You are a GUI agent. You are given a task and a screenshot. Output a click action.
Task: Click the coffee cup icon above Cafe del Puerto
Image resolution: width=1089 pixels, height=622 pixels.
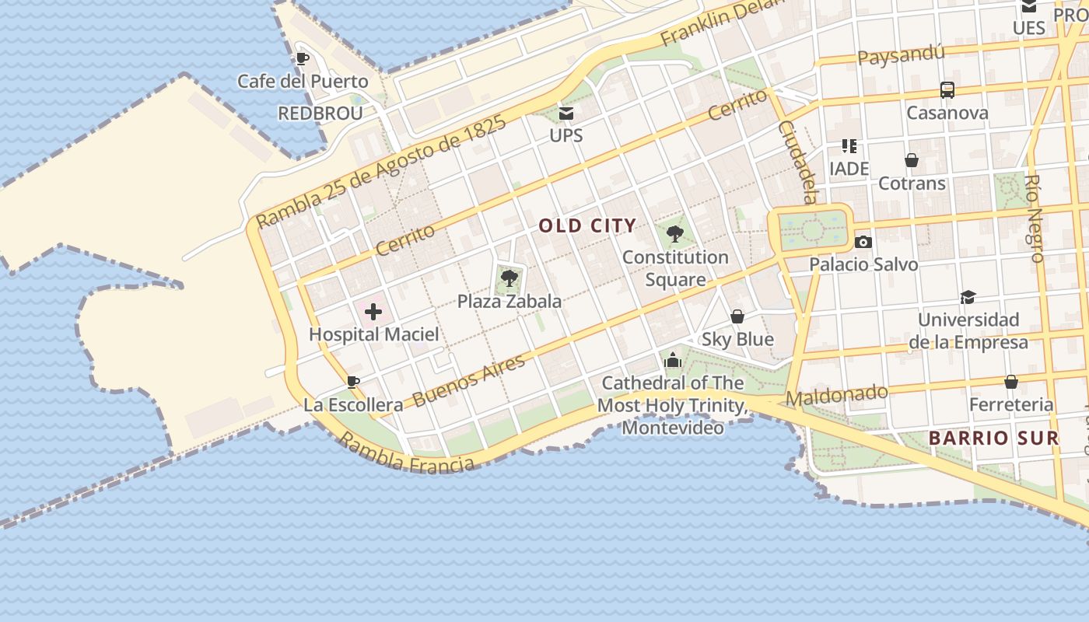tap(303, 58)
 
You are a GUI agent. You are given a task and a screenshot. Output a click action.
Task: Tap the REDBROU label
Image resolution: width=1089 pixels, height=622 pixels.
tap(320, 114)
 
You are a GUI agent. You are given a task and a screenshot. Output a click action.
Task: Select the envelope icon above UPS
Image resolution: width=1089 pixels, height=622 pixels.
tap(566, 114)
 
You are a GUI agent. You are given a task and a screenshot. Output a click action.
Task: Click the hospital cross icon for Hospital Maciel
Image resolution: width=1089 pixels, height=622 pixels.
tap(373, 313)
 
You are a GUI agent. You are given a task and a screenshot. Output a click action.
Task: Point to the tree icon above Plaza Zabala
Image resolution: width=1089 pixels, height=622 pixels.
tap(509, 278)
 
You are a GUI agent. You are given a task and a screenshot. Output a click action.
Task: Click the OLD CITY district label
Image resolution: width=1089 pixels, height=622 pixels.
tap(587, 226)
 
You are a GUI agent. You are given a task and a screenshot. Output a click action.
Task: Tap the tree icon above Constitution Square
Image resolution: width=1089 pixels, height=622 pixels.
tap(675, 233)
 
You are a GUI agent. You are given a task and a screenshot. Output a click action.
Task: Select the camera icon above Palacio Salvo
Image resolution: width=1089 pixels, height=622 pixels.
tap(863, 242)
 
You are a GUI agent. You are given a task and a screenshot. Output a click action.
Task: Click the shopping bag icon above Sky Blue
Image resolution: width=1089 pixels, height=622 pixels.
tap(737, 316)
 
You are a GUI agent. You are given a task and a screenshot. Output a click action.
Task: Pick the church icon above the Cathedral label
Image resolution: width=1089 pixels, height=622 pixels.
tap(673, 361)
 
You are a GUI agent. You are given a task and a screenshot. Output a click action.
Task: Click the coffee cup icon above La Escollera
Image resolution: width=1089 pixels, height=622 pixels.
tap(352, 382)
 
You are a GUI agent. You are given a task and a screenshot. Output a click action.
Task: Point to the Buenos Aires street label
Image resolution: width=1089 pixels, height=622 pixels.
tap(468, 380)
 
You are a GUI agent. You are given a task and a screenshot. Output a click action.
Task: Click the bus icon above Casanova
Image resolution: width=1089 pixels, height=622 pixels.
tap(947, 90)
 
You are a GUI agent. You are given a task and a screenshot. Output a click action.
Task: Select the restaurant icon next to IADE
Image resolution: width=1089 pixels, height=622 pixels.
tap(849, 146)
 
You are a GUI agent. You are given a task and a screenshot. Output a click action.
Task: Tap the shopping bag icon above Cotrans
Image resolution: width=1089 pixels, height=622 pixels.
tap(912, 161)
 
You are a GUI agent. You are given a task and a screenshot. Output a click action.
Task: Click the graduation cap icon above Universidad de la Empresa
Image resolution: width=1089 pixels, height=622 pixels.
tap(968, 297)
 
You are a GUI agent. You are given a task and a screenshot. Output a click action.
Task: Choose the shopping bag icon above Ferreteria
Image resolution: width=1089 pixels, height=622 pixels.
tap(1010, 382)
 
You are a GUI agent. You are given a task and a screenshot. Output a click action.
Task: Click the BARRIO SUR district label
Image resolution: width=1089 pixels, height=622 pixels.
tap(993, 438)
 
